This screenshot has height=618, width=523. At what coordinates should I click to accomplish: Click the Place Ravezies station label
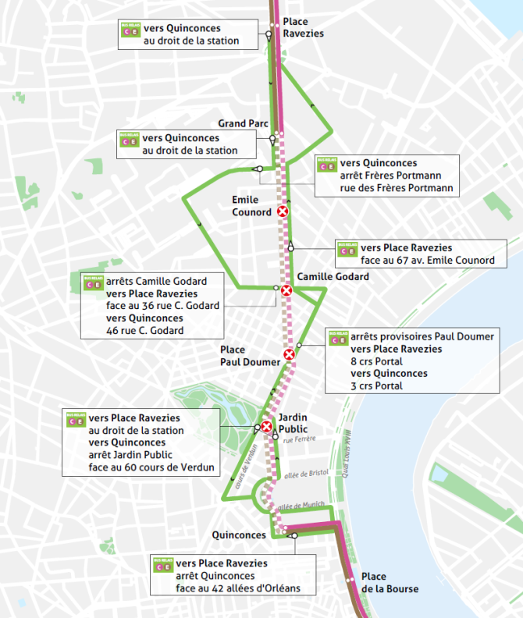[302, 27]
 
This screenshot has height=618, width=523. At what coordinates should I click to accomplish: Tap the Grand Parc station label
[242, 124]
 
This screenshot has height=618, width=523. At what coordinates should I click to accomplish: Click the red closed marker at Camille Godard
[286, 291]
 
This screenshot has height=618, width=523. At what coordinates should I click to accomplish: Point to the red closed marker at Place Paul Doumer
[290, 355]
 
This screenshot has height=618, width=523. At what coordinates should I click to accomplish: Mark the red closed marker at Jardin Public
[267, 427]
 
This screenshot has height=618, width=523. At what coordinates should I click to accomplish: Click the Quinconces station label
[240, 535]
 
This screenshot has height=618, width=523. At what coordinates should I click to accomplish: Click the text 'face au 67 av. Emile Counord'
[427, 260]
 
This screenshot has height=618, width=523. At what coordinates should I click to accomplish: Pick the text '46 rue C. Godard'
[144, 330]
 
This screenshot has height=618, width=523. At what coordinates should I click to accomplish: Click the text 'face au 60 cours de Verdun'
[153, 467]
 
